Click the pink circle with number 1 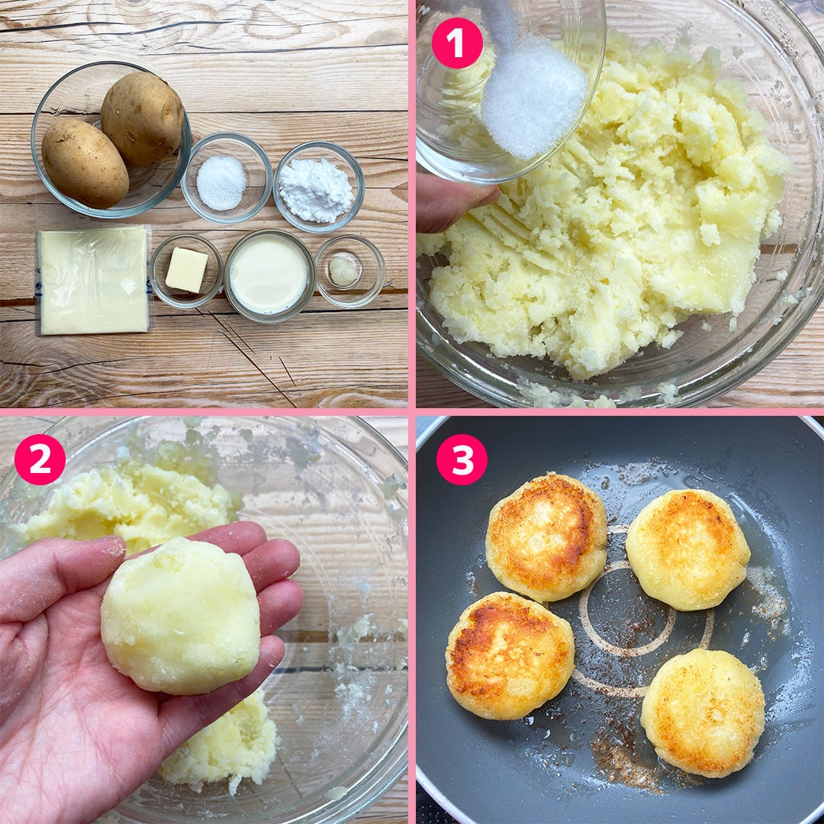pos(457,43)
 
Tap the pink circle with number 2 pos(40,459)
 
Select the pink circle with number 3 pos(462,459)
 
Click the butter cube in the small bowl pos(187,270)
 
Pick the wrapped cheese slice pos(94,280)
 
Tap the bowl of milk pos(269,275)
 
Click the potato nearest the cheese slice pos(85,163)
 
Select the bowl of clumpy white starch pos(318,187)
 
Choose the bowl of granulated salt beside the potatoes pos(227,178)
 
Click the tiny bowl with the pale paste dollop pos(349,271)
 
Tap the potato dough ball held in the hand pos(181,616)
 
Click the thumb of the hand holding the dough pos(58,568)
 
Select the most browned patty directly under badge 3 pos(546,536)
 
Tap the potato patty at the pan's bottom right pos(703,713)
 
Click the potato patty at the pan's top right pos(687,549)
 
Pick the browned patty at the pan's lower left pos(510,655)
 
